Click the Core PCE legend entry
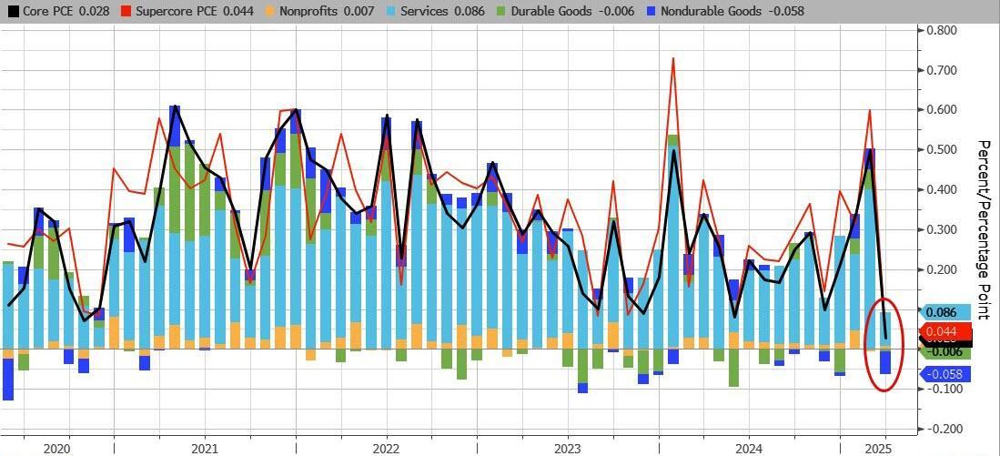pyautogui.click(x=45, y=11)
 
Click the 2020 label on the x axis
pyautogui.click(x=56, y=448)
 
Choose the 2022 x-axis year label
pyautogui.click(x=386, y=448)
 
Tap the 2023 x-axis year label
pyautogui.click(x=567, y=448)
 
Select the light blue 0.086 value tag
pyautogui.click(x=945, y=312)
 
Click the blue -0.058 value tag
pyautogui.click(x=945, y=374)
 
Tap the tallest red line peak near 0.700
pyautogui.click(x=672, y=59)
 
